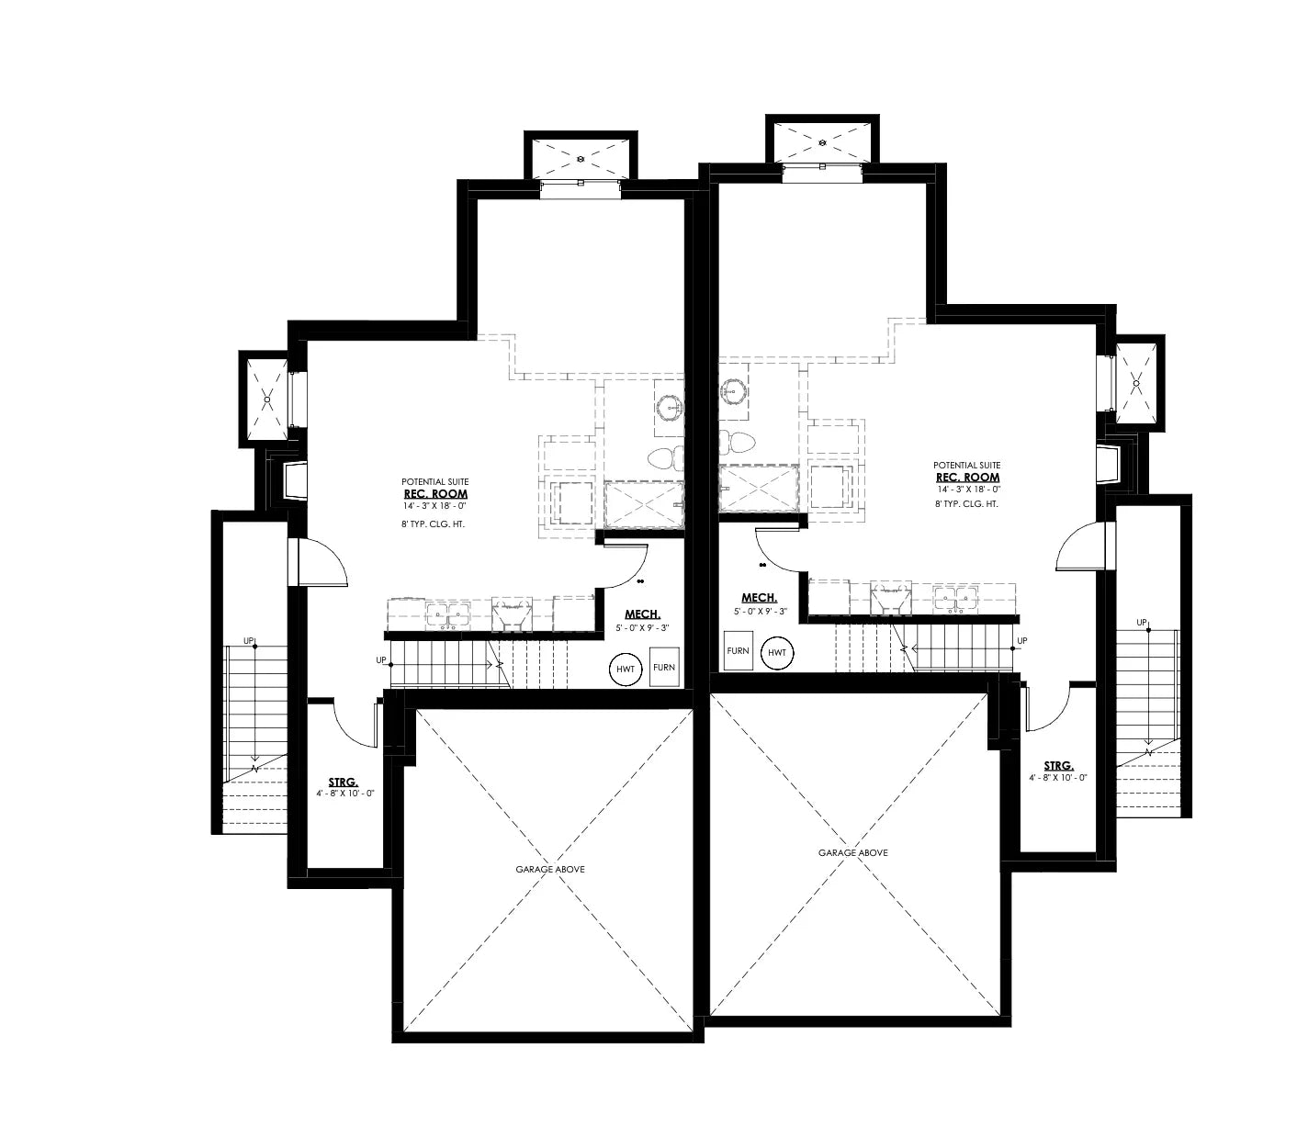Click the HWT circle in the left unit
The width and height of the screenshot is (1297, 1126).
pyautogui.click(x=626, y=669)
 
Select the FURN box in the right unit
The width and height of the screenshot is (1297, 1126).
pyautogui.click(x=738, y=650)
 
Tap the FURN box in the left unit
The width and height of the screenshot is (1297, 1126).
pyautogui.click(x=664, y=668)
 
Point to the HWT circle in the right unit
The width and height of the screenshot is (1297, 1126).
pyautogui.click(x=778, y=652)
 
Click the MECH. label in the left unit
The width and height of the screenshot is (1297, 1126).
pyautogui.click(x=642, y=614)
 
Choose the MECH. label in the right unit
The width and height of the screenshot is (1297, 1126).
pyautogui.click(x=760, y=597)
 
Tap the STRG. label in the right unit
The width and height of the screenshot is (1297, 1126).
pyautogui.click(x=1058, y=765)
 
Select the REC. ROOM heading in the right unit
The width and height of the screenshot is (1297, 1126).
pyautogui.click(x=967, y=478)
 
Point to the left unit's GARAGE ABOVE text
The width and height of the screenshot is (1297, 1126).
pyautogui.click(x=549, y=869)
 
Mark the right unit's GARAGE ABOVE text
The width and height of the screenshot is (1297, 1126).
pyautogui.click(x=852, y=852)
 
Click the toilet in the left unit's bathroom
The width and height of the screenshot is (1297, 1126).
pyautogui.click(x=667, y=456)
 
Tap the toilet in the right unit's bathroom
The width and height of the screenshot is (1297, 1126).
pyautogui.click(x=737, y=442)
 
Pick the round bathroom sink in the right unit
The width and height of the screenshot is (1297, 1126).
pyautogui.click(x=733, y=390)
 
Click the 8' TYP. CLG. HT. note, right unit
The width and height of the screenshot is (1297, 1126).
pyautogui.click(x=967, y=504)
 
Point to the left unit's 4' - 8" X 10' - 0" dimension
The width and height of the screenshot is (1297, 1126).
pyautogui.click(x=344, y=793)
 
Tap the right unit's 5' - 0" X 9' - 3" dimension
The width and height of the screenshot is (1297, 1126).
pyautogui.click(x=760, y=611)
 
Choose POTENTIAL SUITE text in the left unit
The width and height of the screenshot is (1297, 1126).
pyautogui.click(x=434, y=481)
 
